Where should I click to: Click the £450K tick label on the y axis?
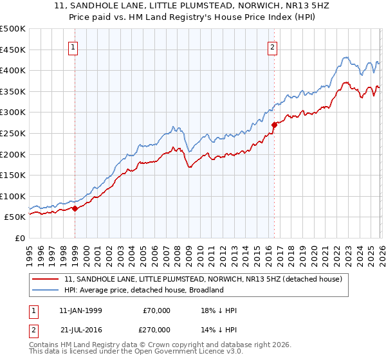(x=13, y=50)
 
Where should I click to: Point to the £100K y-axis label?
(x=13, y=196)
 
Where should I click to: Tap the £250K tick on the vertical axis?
(x=13, y=133)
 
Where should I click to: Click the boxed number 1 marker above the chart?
(x=74, y=47)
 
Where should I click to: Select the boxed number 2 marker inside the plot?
(x=273, y=47)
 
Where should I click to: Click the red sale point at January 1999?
(x=75, y=208)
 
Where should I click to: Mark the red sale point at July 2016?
(x=274, y=125)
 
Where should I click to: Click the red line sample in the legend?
(x=46, y=279)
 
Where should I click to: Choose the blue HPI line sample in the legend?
(x=46, y=290)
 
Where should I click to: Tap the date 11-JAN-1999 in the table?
(x=80, y=310)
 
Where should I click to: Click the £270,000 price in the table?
(x=156, y=329)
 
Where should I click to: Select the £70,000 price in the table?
(x=156, y=310)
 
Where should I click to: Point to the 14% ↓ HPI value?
(x=219, y=329)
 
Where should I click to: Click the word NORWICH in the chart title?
(x=252, y=6)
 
